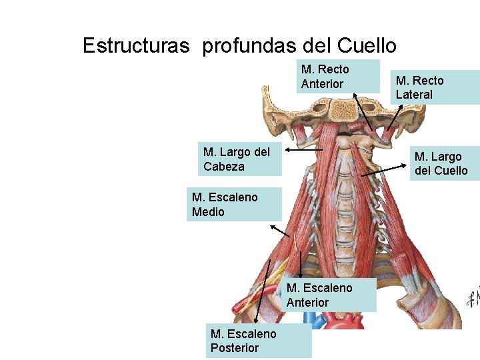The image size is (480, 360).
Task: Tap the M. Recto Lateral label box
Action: pyautogui.click(x=435, y=87)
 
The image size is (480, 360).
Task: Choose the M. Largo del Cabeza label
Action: pyautogui.click(x=241, y=159)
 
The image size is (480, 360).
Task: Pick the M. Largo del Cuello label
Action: pyautogui.click(x=443, y=163)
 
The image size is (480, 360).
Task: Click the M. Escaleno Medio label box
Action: pyautogui.click(x=234, y=204)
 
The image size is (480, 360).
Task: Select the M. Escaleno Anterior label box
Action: pyautogui.click(x=331, y=295)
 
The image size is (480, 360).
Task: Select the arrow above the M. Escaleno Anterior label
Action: pyautogui.click(x=301, y=264)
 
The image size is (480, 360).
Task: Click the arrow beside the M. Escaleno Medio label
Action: pyautogui.click(x=280, y=231)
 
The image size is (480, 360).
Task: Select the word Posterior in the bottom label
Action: pyautogui.click(x=235, y=347)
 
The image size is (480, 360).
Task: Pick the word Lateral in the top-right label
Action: pyautogui.click(x=414, y=95)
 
